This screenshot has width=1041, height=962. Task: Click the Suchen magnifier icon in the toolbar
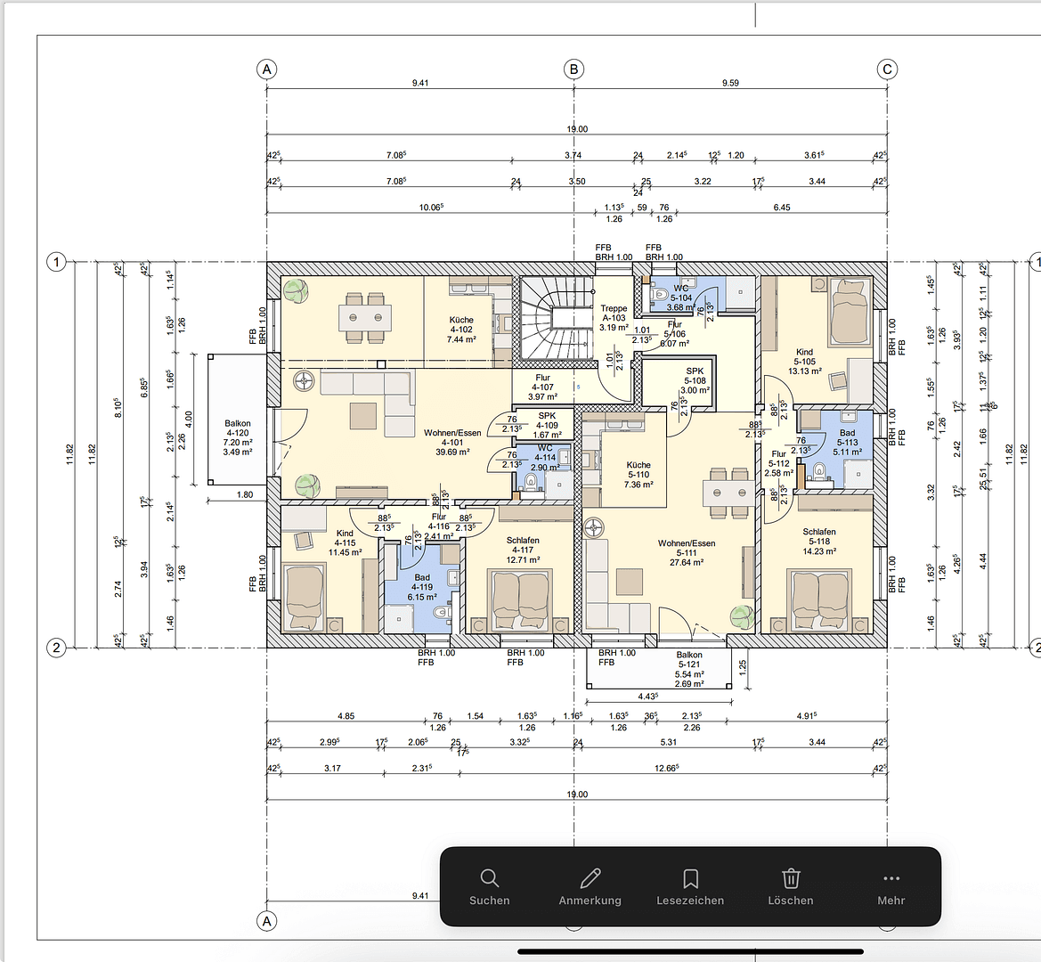coord(489,878)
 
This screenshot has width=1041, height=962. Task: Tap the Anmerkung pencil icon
coord(590,878)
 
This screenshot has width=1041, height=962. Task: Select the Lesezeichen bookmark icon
coord(690,878)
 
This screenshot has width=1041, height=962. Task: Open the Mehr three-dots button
coord(891,878)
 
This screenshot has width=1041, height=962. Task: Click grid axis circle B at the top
coord(574,69)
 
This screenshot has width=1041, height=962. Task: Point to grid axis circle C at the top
coord(887,69)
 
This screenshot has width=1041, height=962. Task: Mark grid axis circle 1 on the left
coord(56,262)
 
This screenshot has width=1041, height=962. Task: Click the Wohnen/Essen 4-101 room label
coord(452,443)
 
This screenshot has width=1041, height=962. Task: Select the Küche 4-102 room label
coord(461,330)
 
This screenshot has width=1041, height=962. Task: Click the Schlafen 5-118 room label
coord(818,542)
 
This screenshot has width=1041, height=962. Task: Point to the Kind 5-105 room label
coord(804,362)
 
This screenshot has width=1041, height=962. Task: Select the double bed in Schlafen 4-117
coord(522,595)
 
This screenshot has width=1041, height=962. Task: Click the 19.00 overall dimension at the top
coord(577,129)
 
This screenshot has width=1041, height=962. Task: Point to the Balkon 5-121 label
coord(689,664)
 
